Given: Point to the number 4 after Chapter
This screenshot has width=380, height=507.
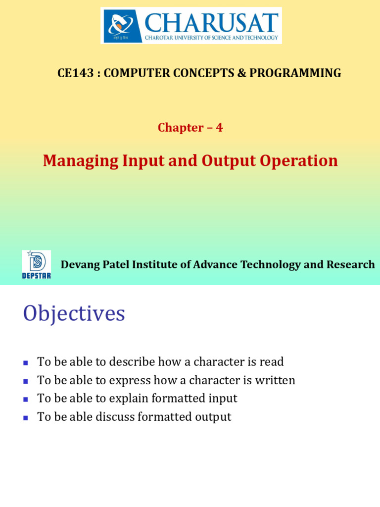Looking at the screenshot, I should [219, 128].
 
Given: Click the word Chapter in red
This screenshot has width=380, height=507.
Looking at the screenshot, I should [180, 128].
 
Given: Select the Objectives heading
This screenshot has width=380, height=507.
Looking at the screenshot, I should [74, 314].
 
